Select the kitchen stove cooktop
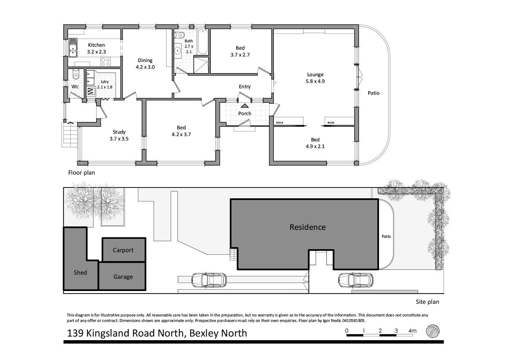105,62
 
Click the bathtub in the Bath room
202,42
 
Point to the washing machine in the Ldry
91,92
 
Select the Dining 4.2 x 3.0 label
145,63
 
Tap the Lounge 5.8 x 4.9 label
315,78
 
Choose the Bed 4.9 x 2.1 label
315,143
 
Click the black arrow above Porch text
245,106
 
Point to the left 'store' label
279,123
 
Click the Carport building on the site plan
123,250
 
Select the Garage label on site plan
123,277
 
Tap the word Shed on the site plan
80,273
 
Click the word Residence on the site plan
307,227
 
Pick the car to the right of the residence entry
355,280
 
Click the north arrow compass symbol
433,331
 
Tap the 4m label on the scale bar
412,331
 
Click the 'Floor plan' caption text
81,173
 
